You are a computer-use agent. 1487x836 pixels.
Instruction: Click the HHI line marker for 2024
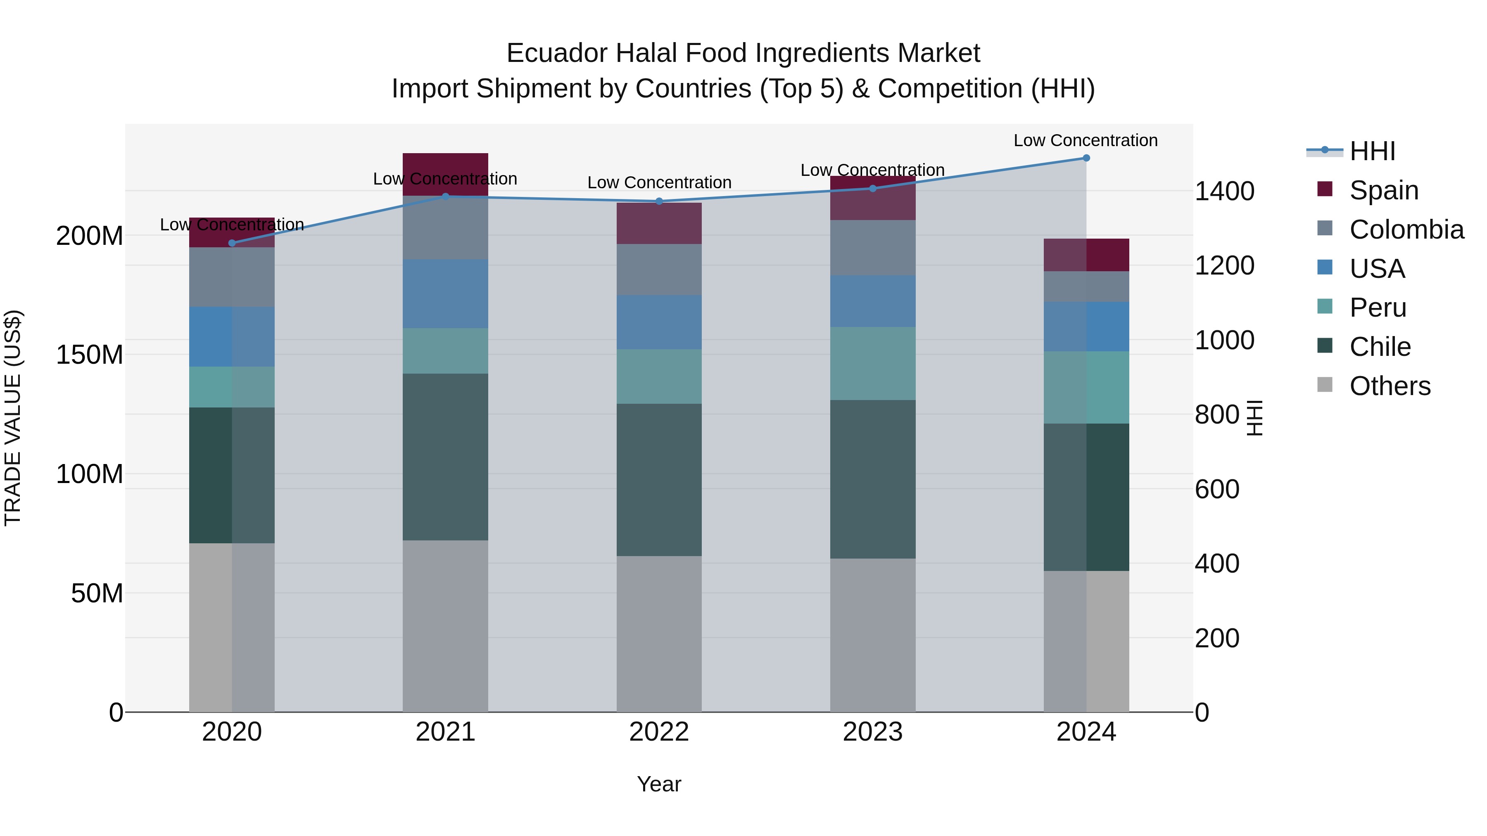click(1086, 158)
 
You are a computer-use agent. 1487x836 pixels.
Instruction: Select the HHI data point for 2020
click(232, 243)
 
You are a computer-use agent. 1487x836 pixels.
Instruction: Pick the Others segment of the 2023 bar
click(872, 635)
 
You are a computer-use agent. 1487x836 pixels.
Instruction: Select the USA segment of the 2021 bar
click(445, 294)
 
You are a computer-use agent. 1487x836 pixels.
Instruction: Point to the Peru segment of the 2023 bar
click(872, 363)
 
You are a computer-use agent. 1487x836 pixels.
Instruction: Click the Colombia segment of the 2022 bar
click(659, 270)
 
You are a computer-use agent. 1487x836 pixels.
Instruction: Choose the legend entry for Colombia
click(1406, 230)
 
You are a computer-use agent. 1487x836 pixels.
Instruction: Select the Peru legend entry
click(1377, 308)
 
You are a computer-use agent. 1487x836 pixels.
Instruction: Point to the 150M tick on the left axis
click(90, 355)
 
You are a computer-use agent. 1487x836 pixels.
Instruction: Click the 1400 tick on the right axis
click(1224, 192)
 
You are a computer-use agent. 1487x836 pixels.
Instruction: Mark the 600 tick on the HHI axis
click(1217, 489)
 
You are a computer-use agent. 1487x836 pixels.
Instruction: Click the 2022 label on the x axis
click(659, 732)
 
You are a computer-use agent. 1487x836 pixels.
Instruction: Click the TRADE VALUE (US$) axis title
click(13, 418)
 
